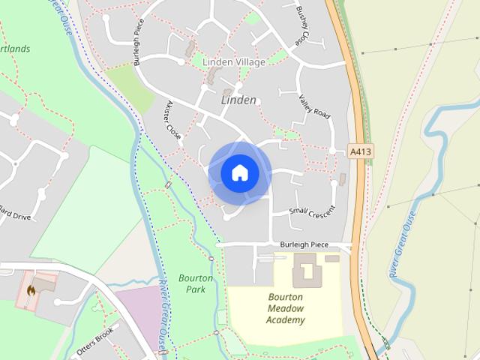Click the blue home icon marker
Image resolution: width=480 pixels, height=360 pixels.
pyautogui.click(x=239, y=173)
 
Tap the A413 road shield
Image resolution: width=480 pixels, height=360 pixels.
pyautogui.click(x=361, y=151)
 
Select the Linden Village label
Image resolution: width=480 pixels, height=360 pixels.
pyautogui.click(x=233, y=62)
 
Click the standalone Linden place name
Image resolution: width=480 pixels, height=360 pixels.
pyautogui.click(x=238, y=100)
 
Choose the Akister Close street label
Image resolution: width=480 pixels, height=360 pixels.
pyautogui.click(x=174, y=121)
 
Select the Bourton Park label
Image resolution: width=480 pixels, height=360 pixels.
pyautogui.click(x=196, y=283)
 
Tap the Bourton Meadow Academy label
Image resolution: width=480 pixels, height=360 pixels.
pyautogui.click(x=285, y=308)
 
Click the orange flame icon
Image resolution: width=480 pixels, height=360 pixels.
pyautogui.click(x=31, y=289)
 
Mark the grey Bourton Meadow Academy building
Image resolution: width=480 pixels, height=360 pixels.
pyautogui.click(x=304, y=270)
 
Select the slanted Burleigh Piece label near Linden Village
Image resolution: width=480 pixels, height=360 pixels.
pyautogui.click(x=141, y=47)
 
